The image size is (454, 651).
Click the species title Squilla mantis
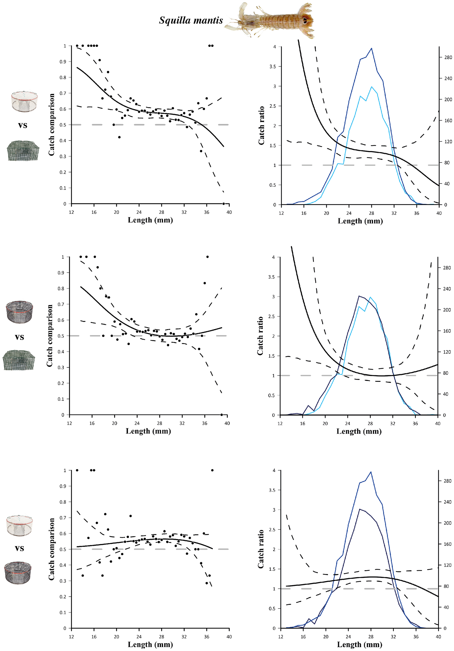pyautogui.click(x=191, y=20)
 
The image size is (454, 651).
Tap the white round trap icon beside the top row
pyautogui.click(x=24, y=101)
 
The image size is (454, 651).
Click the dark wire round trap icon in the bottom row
pyautogui.click(x=18, y=573)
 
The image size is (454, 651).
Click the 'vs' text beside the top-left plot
pyautogui.click(x=23, y=125)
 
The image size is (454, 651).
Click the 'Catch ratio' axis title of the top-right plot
pyautogui.click(x=261, y=125)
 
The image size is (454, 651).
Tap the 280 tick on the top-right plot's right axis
pyautogui.click(x=448, y=57)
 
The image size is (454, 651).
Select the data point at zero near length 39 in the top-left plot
pyautogui.click(x=223, y=204)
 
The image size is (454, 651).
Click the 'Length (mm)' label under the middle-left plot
pyautogui.click(x=148, y=431)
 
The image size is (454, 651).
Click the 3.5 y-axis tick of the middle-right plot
pyautogui.click(x=271, y=277)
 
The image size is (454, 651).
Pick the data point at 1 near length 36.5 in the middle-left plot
pyautogui.click(x=207, y=257)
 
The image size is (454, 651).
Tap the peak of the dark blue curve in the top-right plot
pyautogui.click(x=371, y=48)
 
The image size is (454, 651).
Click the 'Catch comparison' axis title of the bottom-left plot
pyautogui.click(x=51, y=549)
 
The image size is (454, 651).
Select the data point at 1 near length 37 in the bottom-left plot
pyautogui.click(x=212, y=470)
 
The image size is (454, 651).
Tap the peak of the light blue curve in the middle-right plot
pyautogui.click(x=370, y=297)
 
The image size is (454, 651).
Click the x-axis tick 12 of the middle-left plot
pyautogui.click(x=69, y=423)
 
